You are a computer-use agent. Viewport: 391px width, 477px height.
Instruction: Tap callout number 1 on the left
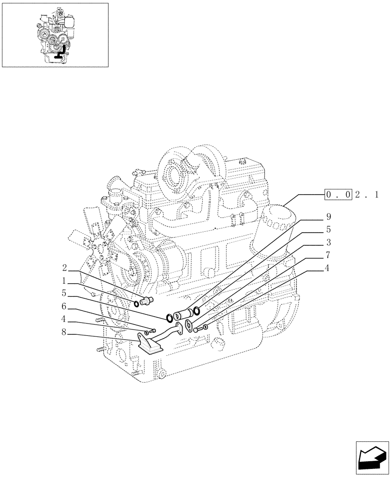(x=64, y=280)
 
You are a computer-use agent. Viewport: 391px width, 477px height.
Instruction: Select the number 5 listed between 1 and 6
(x=64, y=294)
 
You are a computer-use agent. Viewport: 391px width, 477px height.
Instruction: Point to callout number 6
(x=64, y=307)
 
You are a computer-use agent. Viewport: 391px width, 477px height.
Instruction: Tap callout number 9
(x=328, y=216)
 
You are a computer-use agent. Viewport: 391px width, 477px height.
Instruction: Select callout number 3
(x=328, y=242)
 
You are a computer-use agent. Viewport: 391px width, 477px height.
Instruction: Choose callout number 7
(x=328, y=255)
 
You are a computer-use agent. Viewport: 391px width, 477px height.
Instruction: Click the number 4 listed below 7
(x=328, y=269)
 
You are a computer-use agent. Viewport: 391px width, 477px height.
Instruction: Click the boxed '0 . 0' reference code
(x=338, y=195)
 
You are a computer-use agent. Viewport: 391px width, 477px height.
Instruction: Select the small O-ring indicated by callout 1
(x=136, y=304)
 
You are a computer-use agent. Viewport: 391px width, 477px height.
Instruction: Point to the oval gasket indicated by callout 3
(x=189, y=325)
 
